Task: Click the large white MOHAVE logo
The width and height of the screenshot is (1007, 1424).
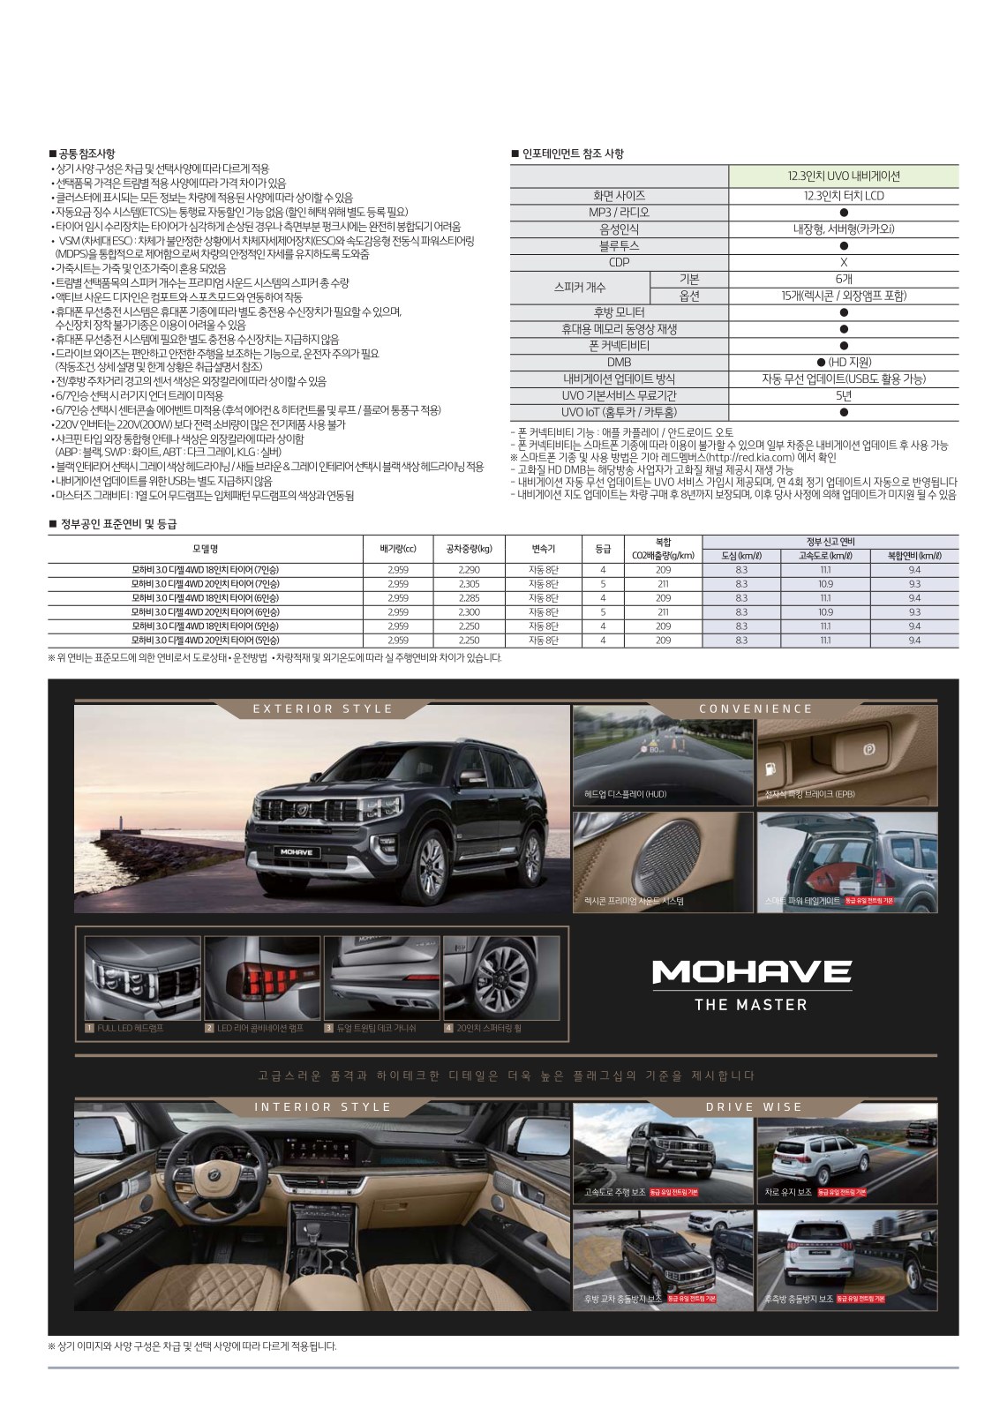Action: coord(751,971)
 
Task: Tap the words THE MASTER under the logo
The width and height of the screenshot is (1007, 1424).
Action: coord(751,1004)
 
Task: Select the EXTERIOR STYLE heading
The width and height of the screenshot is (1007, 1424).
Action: coord(322,708)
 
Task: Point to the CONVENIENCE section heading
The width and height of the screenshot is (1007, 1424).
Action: coord(755,708)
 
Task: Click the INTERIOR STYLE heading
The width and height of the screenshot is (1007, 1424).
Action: coord(322,1106)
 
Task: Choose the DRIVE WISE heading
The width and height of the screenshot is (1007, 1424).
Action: coord(755,1106)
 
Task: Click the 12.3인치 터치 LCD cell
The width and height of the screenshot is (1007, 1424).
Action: coord(843,195)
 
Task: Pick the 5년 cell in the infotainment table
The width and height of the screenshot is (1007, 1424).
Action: coord(843,396)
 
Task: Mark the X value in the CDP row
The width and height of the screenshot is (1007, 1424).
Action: coord(843,262)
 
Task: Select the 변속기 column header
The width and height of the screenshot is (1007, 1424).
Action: coord(543,548)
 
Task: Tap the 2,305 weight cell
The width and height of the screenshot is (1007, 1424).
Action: coord(470,584)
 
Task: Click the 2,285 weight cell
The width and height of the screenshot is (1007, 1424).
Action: coord(470,598)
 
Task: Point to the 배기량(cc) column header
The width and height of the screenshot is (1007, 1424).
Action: coord(397,548)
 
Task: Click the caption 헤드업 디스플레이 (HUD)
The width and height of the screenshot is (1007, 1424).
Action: coord(625,794)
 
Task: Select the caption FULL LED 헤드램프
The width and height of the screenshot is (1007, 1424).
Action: coord(130,1028)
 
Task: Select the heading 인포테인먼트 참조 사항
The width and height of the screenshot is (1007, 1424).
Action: coord(572,154)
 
